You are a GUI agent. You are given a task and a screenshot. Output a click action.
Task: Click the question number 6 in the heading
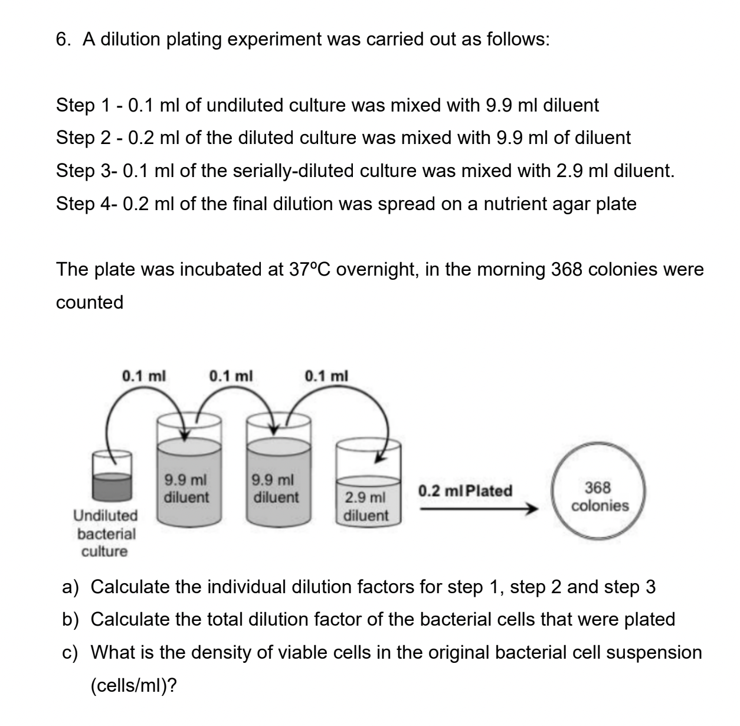(x=61, y=40)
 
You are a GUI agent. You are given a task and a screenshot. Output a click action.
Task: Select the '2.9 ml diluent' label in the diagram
(x=366, y=506)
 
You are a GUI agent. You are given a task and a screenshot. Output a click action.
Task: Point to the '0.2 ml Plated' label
(x=465, y=490)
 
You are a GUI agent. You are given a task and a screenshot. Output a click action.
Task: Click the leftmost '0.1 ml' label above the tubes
(x=143, y=375)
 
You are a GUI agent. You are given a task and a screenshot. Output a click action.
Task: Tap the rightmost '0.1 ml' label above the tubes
(x=326, y=375)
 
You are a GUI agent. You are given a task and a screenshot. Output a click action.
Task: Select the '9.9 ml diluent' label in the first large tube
(x=186, y=488)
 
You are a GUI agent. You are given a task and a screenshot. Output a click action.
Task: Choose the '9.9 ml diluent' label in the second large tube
(x=275, y=488)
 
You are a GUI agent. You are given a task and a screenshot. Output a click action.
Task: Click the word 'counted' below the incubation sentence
(x=90, y=302)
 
